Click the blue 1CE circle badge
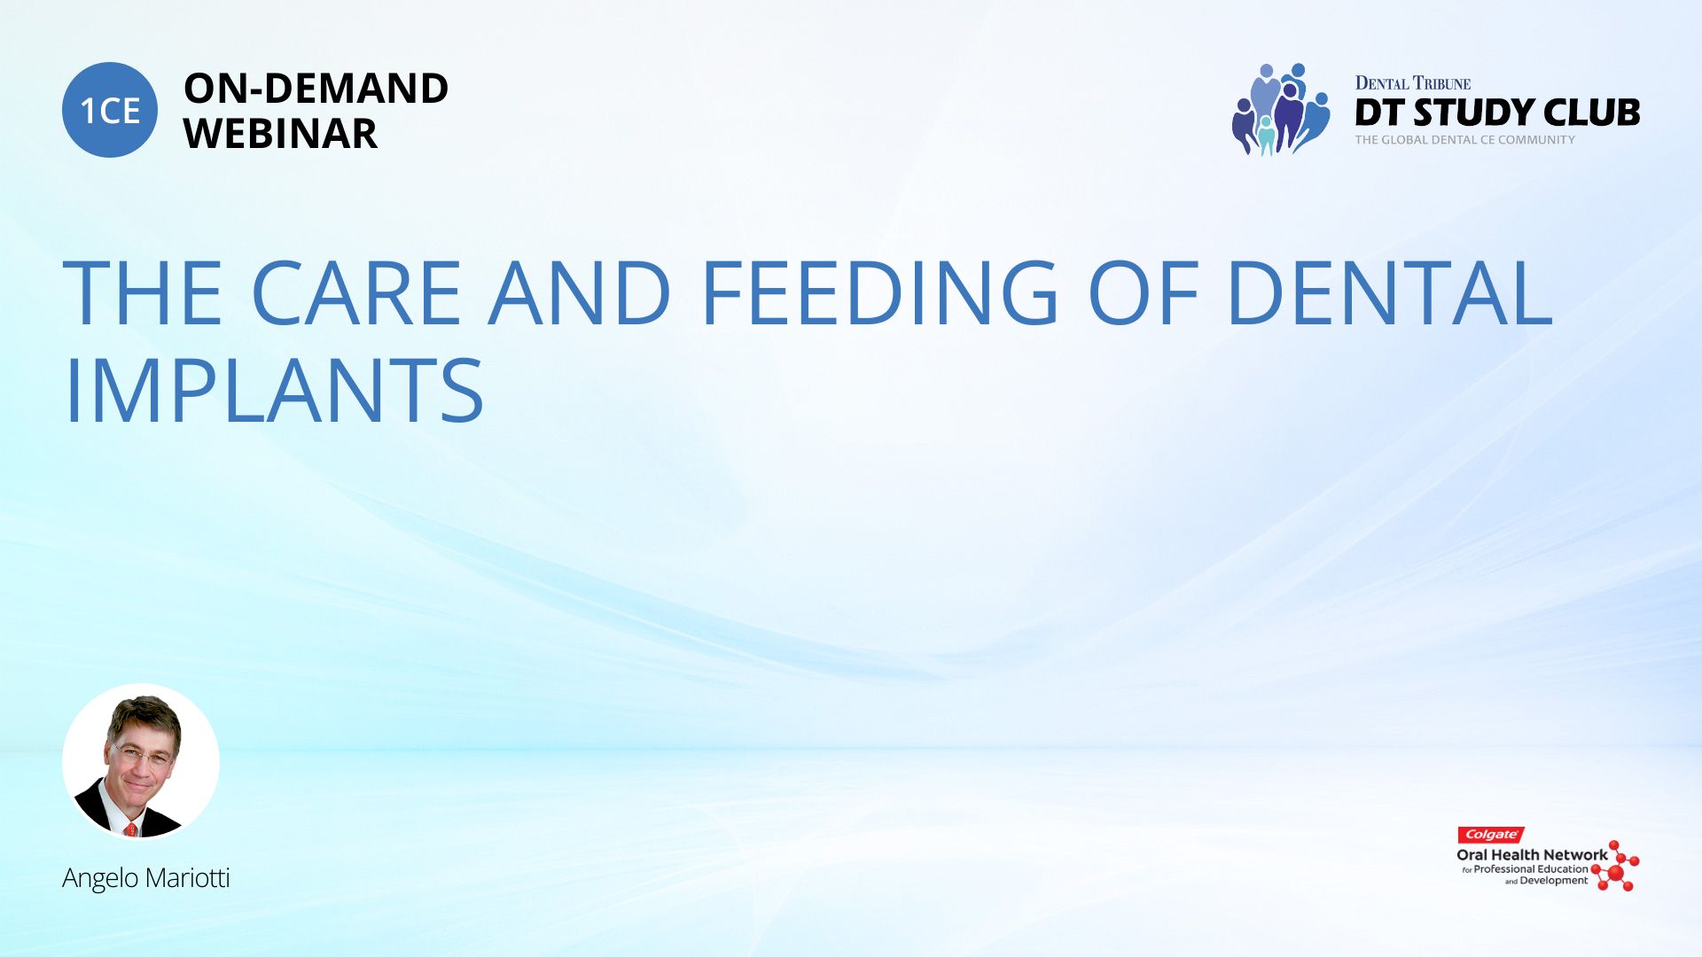point(110,110)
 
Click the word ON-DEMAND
point(316,89)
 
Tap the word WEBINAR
point(280,134)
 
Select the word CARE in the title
point(356,292)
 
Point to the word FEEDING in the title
point(879,292)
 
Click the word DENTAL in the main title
point(1390,292)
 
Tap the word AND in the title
point(580,292)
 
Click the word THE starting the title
point(143,292)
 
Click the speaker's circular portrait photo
point(141,761)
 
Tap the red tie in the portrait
point(131,829)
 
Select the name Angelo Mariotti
point(146,878)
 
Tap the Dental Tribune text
point(1413,83)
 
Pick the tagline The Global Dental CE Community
point(1465,140)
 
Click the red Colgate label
point(1491,835)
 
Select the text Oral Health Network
point(1532,855)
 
